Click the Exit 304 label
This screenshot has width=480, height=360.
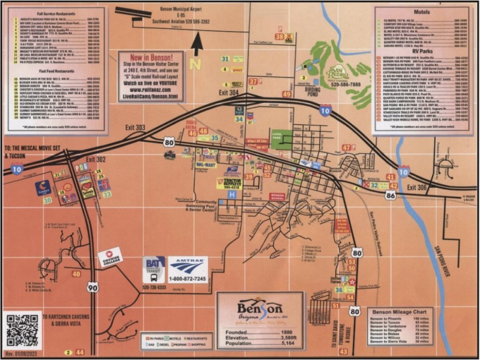228,93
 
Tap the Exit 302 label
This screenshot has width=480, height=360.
96,159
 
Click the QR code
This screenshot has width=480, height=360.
22,329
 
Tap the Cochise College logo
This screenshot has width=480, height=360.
110,260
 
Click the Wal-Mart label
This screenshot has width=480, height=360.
206,164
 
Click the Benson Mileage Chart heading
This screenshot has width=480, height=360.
400,313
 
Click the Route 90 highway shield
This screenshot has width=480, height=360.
92,287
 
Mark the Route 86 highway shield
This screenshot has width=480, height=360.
391,195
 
